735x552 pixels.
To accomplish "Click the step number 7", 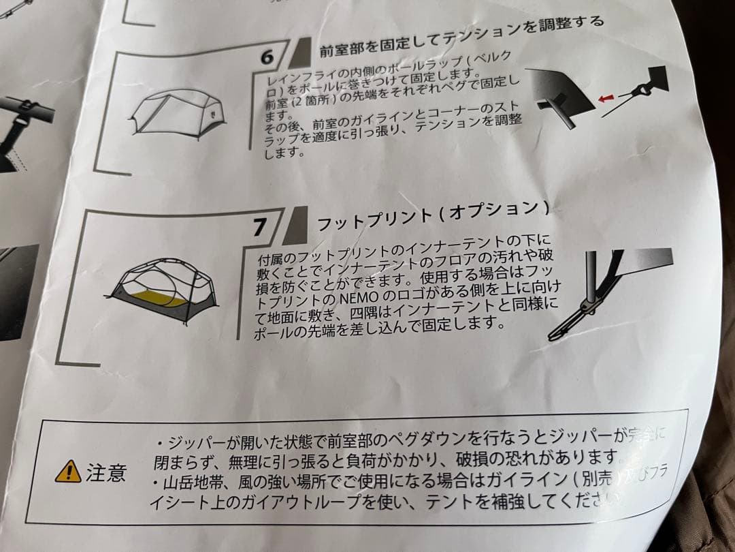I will point(259,227).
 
